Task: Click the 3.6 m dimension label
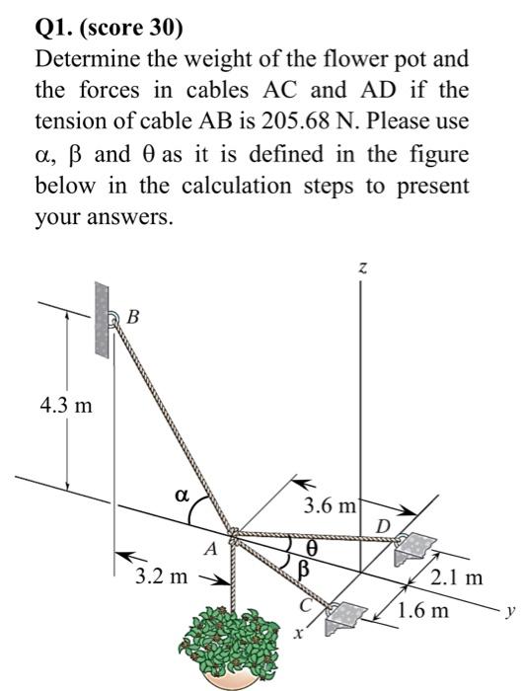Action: [x=330, y=506]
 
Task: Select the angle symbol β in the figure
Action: [x=305, y=569]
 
